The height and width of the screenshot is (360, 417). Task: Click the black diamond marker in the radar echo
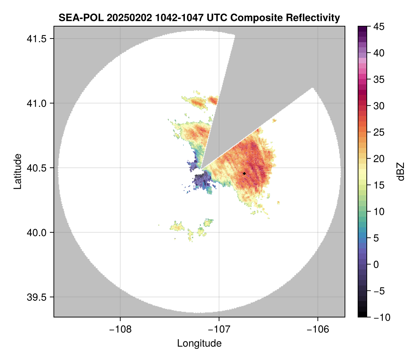(244, 173)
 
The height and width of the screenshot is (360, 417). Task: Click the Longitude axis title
(199, 343)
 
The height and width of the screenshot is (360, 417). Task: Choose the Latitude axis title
(17, 171)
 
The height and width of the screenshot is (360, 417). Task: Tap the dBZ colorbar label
(401, 171)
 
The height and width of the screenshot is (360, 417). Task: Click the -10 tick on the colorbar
(378, 317)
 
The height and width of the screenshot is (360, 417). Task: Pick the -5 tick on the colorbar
(378, 291)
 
